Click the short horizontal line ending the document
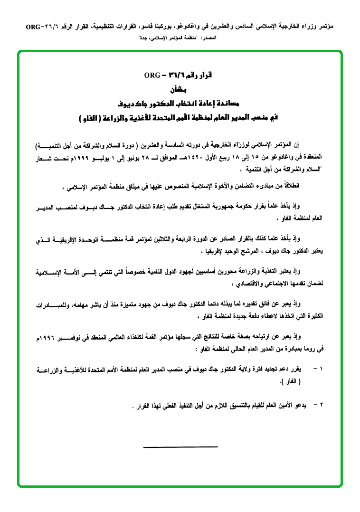tap(180, 446)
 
